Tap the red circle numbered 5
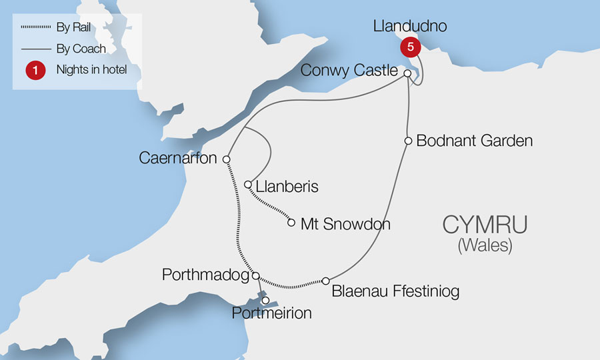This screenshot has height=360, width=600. click(x=409, y=48)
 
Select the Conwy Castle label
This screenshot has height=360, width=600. click(x=349, y=71)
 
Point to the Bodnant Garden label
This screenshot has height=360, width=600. click(x=474, y=141)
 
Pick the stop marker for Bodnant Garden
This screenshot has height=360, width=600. click(x=407, y=141)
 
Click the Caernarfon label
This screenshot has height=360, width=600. click(x=179, y=159)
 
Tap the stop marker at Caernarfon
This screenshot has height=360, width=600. click(x=227, y=160)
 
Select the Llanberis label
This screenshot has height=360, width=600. click(x=287, y=186)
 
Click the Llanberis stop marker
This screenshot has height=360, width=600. click(x=247, y=185)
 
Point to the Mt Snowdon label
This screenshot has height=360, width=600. click(x=345, y=224)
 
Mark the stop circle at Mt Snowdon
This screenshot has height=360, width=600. click(x=291, y=223)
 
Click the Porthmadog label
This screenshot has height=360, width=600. click(x=205, y=274)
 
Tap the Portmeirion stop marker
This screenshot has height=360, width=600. click(x=265, y=301)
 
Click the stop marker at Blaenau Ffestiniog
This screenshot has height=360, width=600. click(x=326, y=281)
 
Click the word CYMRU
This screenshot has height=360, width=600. click(x=485, y=225)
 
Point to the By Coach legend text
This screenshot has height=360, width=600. click(x=81, y=49)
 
